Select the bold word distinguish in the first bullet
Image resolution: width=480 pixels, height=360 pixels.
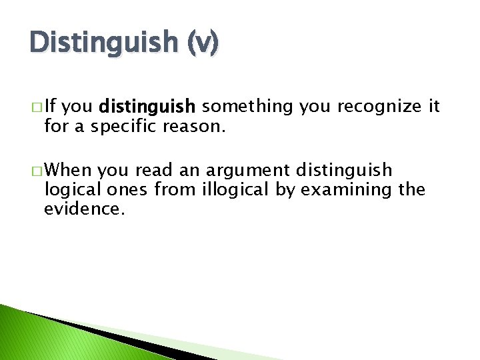click(147, 106)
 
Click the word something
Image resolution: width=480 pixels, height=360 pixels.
click(247, 106)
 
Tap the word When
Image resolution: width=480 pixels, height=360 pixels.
click(69, 171)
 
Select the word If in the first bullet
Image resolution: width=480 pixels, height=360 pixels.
click(51, 106)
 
